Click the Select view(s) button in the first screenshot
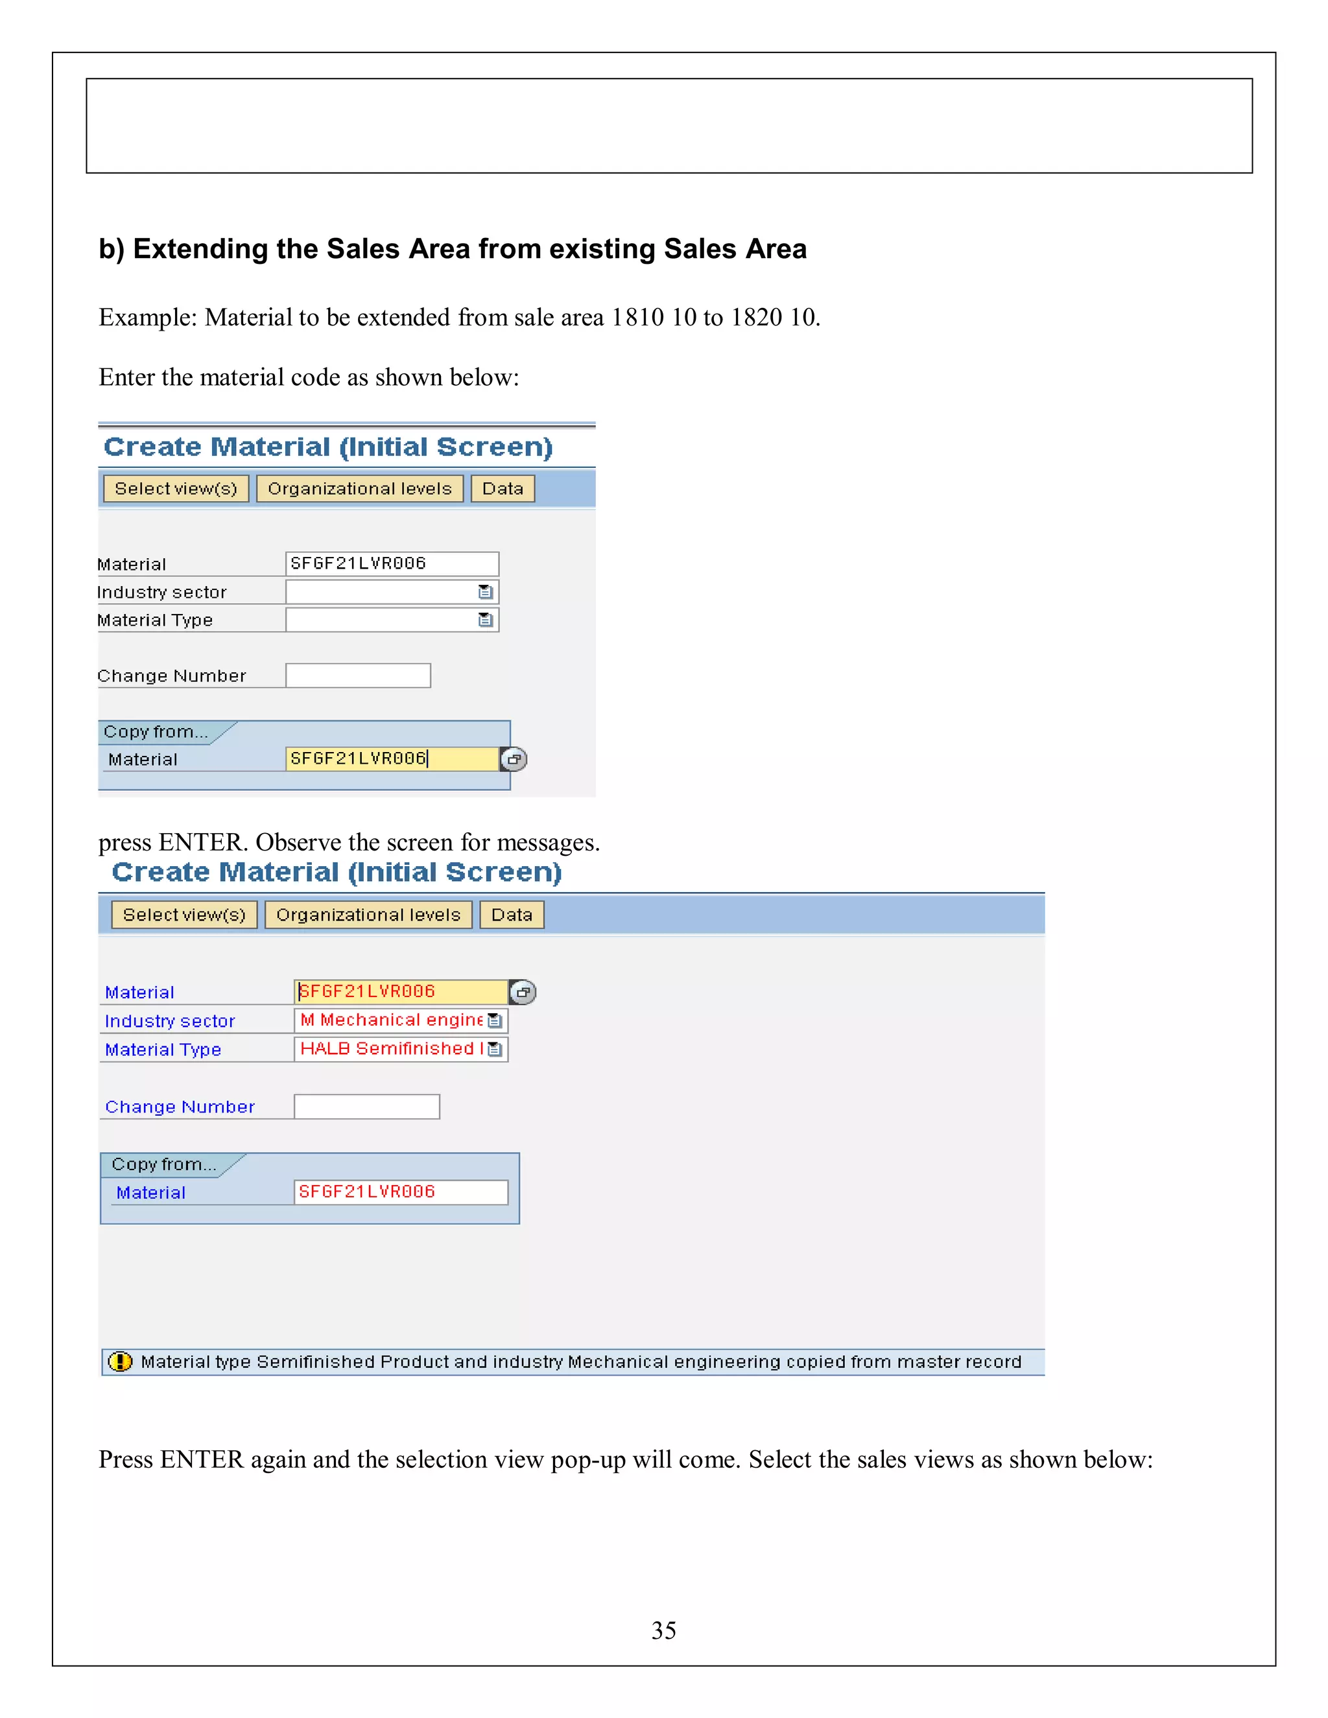point(176,489)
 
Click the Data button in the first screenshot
point(503,489)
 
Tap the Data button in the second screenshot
point(512,915)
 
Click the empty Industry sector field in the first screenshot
point(381,591)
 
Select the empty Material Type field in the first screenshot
point(381,620)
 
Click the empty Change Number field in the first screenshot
point(358,676)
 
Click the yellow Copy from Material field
point(392,759)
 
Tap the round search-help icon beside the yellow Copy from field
point(514,759)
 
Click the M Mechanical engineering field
point(391,1020)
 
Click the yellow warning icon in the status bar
point(119,1361)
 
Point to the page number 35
point(663,1630)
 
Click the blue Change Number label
point(180,1107)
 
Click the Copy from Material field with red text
point(401,1192)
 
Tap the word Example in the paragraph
point(147,317)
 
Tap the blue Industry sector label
point(170,1021)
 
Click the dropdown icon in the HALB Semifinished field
point(494,1050)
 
